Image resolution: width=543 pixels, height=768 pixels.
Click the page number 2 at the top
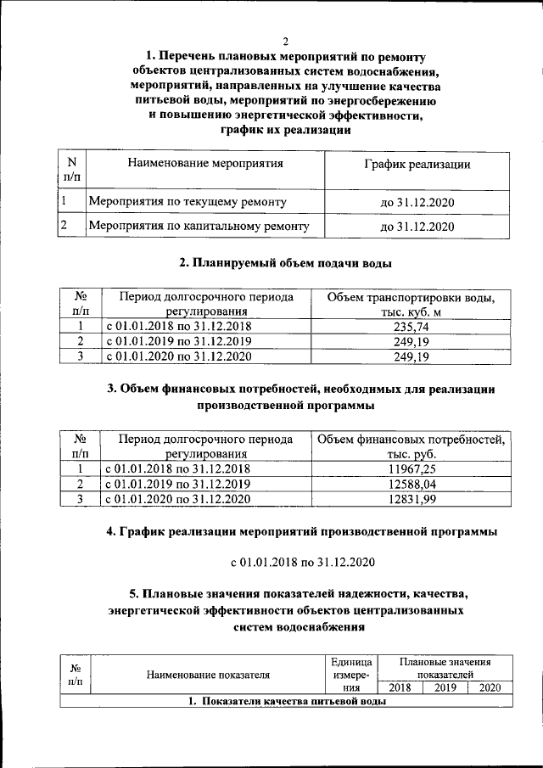coord(285,42)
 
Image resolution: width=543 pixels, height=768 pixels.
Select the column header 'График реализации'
coord(417,164)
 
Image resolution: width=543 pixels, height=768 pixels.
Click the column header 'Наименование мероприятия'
coord(204,163)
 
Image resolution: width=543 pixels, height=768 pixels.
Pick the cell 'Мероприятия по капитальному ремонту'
coord(199,226)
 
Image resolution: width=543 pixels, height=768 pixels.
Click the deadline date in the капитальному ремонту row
coord(417,227)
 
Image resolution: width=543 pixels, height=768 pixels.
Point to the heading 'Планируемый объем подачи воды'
coord(285,264)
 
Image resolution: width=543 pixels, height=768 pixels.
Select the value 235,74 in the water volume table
coord(411,326)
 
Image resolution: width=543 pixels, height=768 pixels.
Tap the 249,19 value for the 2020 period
coord(411,357)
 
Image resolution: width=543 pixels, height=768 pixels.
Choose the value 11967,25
coord(411,468)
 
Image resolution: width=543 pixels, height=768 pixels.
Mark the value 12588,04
coord(411,484)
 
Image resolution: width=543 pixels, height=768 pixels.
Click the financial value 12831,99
coord(411,500)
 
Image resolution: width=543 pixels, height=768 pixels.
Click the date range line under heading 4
coord(303,563)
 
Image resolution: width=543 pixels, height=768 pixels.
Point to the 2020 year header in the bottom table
coord(490,687)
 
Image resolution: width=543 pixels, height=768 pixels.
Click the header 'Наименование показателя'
coord(208,676)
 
